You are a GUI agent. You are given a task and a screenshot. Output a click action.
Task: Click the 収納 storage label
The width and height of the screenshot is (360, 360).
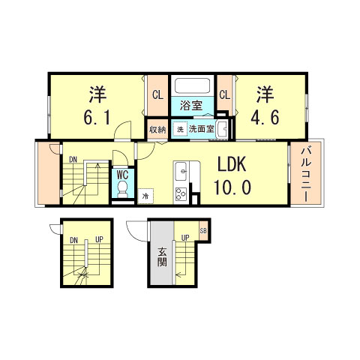coord(157,129)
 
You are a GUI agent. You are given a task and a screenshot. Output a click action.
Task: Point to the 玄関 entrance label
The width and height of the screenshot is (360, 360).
coord(162,259)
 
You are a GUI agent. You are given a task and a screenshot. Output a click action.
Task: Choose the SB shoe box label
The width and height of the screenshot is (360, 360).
coord(202,230)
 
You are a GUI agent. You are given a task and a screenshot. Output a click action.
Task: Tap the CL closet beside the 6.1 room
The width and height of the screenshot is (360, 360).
coord(157,94)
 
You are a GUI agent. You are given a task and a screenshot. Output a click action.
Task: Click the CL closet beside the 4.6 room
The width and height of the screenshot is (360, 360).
coord(224,94)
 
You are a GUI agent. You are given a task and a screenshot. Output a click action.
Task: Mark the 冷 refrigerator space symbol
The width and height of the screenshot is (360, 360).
coord(145,196)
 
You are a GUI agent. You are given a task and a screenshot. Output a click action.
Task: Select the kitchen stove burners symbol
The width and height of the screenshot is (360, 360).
coord(181,194)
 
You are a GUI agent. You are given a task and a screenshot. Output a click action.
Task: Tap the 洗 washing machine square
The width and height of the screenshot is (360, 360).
coord(179,129)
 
